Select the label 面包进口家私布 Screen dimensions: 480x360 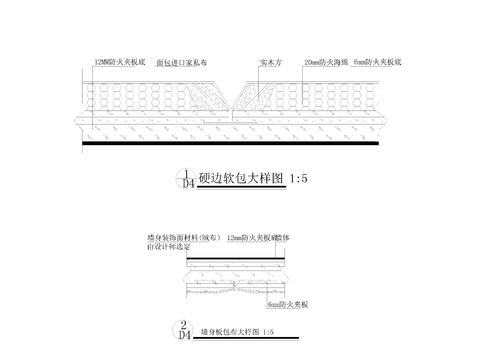pos(181,62)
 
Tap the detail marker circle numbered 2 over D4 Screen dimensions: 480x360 pos(184,328)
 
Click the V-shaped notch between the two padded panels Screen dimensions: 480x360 pos(232,100)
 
